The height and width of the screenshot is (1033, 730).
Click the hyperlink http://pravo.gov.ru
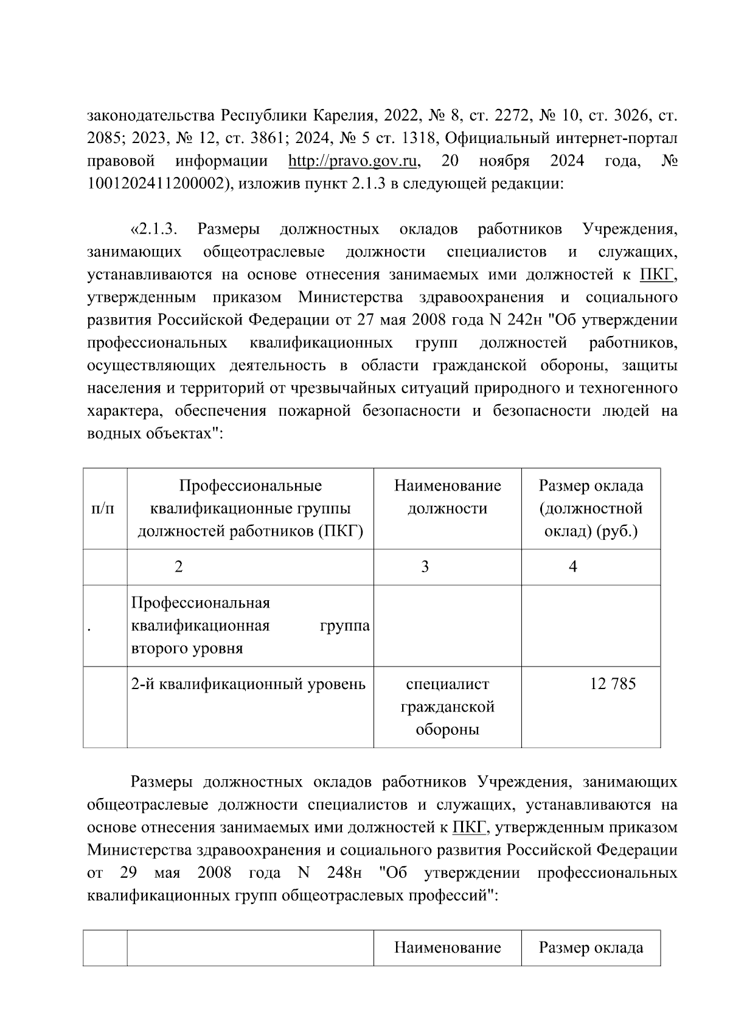[355, 161]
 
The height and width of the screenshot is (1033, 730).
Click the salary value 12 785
[612, 684]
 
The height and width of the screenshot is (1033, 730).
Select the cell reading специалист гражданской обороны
[447, 707]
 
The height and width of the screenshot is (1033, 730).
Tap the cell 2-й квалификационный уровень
[248, 684]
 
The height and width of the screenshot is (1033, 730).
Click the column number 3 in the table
[425, 567]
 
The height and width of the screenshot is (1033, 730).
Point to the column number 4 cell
[572, 567]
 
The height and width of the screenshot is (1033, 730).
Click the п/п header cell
[102, 508]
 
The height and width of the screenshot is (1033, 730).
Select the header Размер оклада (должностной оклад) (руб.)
[590, 508]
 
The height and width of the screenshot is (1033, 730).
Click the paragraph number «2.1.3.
[153, 229]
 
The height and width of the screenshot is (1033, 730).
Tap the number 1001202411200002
[155, 184]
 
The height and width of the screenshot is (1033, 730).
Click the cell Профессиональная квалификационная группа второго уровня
[250, 625]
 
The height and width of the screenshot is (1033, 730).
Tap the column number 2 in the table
[178, 567]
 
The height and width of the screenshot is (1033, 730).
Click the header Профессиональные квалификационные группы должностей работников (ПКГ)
[250, 508]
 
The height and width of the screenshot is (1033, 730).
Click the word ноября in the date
[504, 161]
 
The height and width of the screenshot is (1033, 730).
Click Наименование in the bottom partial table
[447, 948]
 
